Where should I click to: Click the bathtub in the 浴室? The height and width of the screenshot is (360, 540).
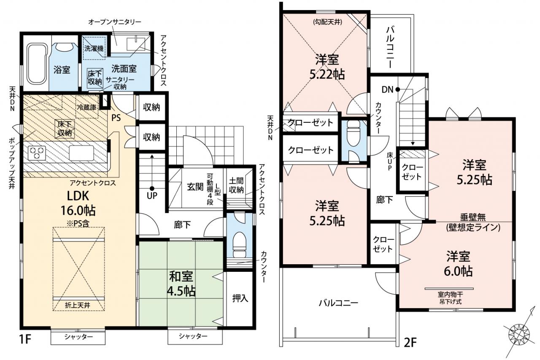(x=36, y=64)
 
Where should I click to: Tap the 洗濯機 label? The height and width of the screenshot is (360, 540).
(x=94, y=49)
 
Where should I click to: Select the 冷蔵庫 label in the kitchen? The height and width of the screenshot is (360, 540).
(x=86, y=107)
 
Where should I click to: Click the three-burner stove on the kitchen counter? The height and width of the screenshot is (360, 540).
(x=37, y=153)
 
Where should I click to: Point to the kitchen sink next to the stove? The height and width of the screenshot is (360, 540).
(x=81, y=153)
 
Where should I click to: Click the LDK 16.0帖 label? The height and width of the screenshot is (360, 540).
(x=78, y=203)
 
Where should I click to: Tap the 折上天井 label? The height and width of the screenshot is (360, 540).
(x=78, y=305)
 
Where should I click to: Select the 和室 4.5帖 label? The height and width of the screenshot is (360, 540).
(x=181, y=284)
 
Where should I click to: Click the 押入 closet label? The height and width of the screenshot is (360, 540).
(x=240, y=298)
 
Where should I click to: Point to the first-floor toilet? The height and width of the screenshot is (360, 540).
(x=239, y=244)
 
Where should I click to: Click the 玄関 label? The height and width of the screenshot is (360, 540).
(x=195, y=187)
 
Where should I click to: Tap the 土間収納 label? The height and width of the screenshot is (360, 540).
(x=236, y=185)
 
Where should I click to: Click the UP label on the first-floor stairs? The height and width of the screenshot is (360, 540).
(x=152, y=195)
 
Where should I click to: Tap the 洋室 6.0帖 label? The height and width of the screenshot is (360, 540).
(x=458, y=263)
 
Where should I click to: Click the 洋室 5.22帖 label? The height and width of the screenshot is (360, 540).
(x=327, y=67)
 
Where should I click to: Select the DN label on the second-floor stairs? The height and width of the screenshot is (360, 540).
(x=387, y=90)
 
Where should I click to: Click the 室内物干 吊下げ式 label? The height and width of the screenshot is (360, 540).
(x=450, y=298)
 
